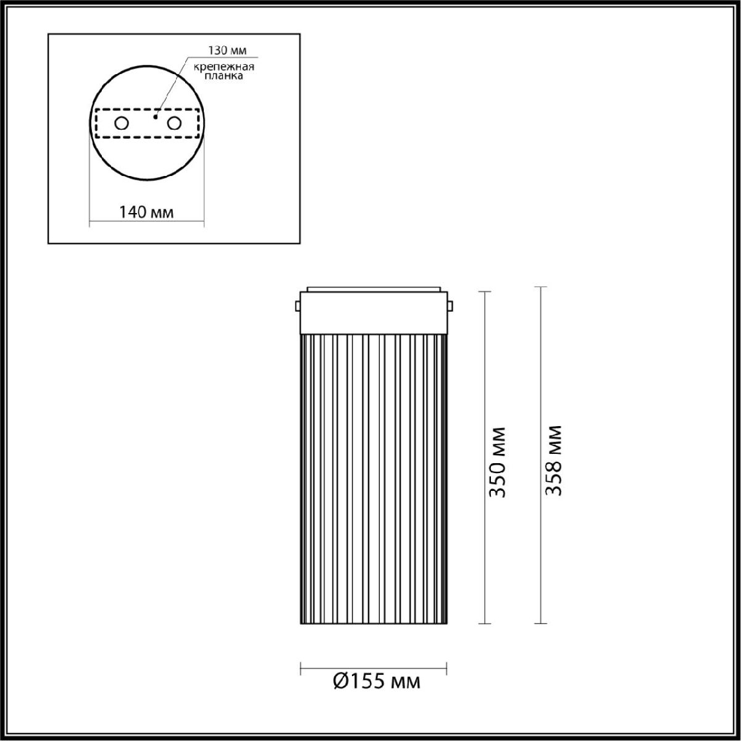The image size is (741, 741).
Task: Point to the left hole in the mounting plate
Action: tap(122, 124)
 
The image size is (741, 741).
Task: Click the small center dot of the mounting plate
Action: tap(156, 115)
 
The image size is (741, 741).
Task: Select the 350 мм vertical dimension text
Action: tap(497, 461)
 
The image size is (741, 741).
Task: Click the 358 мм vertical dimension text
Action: tap(554, 460)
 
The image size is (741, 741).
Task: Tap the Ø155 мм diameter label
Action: tap(376, 681)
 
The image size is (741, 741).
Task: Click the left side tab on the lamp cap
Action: tap(298, 306)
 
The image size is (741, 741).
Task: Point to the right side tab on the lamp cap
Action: tap(450, 306)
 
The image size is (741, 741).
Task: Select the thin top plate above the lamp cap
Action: tap(374, 288)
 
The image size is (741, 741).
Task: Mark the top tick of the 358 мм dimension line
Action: tap(542, 287)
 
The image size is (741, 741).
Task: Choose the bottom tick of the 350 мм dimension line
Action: tap(485, 624)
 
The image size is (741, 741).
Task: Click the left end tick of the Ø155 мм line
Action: tap(301, 668)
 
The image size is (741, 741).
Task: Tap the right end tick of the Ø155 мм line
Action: tap(446, 668)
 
